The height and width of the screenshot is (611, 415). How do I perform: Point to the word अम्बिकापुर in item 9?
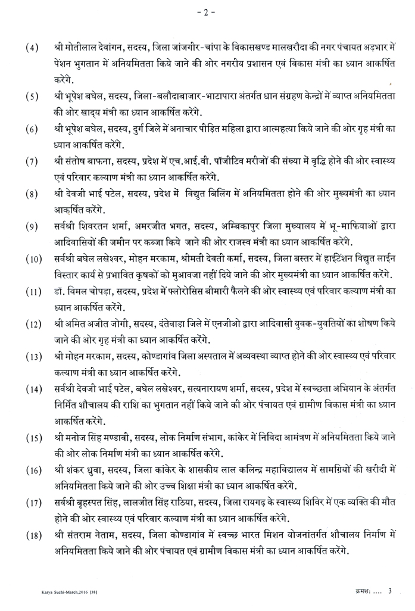pos(230,227)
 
